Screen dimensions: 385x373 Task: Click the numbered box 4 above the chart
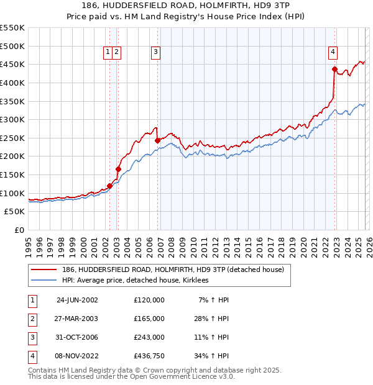tap(333, 52)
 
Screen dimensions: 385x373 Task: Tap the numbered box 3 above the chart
tap(155, 52)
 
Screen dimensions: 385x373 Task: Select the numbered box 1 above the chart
tap(108, 52)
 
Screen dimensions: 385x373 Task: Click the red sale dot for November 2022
tap(334, 70)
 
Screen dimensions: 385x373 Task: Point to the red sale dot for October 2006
tap(157, 140)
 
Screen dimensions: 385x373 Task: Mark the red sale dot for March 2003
tap(118, 169)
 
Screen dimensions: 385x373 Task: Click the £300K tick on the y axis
tap(12, 119)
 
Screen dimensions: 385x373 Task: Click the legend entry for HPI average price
tap(135, 281)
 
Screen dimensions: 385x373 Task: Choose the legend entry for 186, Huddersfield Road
tap(173, 269)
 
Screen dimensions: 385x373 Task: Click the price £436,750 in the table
tap(149, 356)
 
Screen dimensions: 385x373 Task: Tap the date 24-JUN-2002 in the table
tap(77, 300)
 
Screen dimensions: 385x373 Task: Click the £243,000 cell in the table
tap(149, 337)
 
